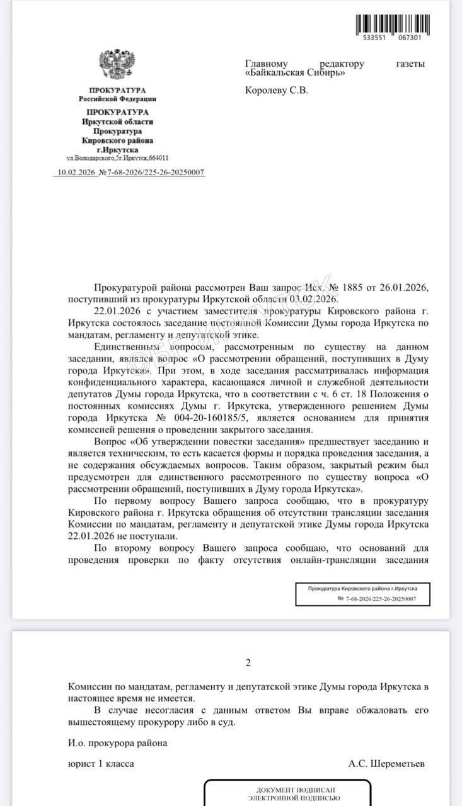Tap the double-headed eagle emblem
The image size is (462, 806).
click(x=117, y=65)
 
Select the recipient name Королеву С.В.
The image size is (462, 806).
click(x=276, y=90)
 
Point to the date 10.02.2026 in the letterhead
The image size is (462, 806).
click(x=75, y=172)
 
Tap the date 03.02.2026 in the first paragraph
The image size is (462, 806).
click(x=319, y=299)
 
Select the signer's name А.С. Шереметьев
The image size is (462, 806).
click(x=386, y=764)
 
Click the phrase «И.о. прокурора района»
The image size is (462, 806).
click(x=118, y=743)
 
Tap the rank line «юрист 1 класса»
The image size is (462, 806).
click(x=101, y=764)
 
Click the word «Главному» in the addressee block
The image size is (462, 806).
click(x=266, y=64)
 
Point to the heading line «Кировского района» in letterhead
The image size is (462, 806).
click(x=117, y=140)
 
